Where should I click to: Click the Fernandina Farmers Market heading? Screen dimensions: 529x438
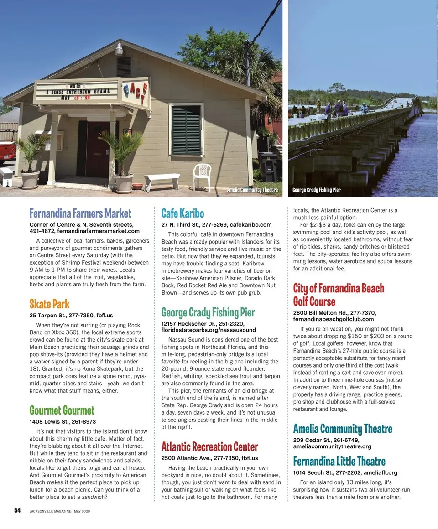pos(80,213)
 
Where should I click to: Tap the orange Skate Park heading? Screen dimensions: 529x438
pos(50,304)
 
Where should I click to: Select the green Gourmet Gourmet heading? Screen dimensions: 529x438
pos(62,410)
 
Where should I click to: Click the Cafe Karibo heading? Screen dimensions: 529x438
pos(183,213)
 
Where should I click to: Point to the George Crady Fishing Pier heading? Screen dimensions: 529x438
pos(208,312)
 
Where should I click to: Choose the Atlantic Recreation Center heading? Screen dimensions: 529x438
pos(210,446)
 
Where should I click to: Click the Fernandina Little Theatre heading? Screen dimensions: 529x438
pos(339,462)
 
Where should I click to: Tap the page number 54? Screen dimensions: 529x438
pos(17,511)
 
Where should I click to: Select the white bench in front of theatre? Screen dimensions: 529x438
pos(162,181)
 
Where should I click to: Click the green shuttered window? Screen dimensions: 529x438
pos(186,130)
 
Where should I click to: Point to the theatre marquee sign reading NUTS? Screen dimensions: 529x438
pos(76,92)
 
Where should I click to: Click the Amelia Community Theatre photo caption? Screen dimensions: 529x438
pos(252,190)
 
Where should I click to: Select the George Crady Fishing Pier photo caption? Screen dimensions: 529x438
pos(317,190)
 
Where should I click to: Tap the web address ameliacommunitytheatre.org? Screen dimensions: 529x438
pos(332,446)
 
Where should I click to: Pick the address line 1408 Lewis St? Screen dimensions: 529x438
pos(63,422)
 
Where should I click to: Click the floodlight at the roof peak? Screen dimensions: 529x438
pos(119,49)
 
